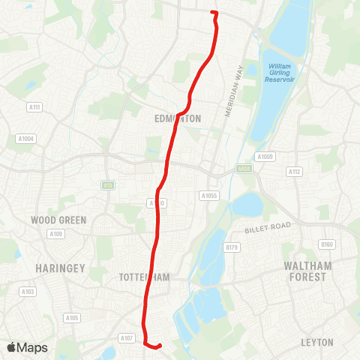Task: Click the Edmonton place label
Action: (x=178, y=118)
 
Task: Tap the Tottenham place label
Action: (x=145, y=277)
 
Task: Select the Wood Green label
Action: (x=58, y=220)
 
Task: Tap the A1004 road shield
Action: (x=25, y=138)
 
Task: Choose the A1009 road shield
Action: (x=265, y=157)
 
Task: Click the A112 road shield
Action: (x=294, y=172)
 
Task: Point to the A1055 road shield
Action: (x=208, y=195)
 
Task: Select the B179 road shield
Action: (x=232, y=247)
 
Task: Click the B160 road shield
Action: (x=326, y=244)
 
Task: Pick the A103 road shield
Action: (x=28, y=292)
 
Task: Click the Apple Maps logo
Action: (x=27, y=347)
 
